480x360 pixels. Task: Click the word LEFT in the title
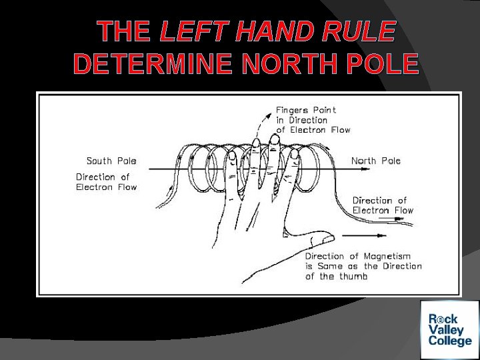189,32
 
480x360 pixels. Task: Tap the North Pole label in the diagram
376,161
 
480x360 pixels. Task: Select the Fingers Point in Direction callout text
313,119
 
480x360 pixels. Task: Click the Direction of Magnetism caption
363,266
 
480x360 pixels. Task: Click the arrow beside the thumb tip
363,235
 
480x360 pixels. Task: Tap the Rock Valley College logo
449,330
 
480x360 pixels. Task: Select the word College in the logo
450,342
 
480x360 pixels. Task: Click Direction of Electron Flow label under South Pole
106,182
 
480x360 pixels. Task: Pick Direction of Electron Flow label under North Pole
383,205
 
